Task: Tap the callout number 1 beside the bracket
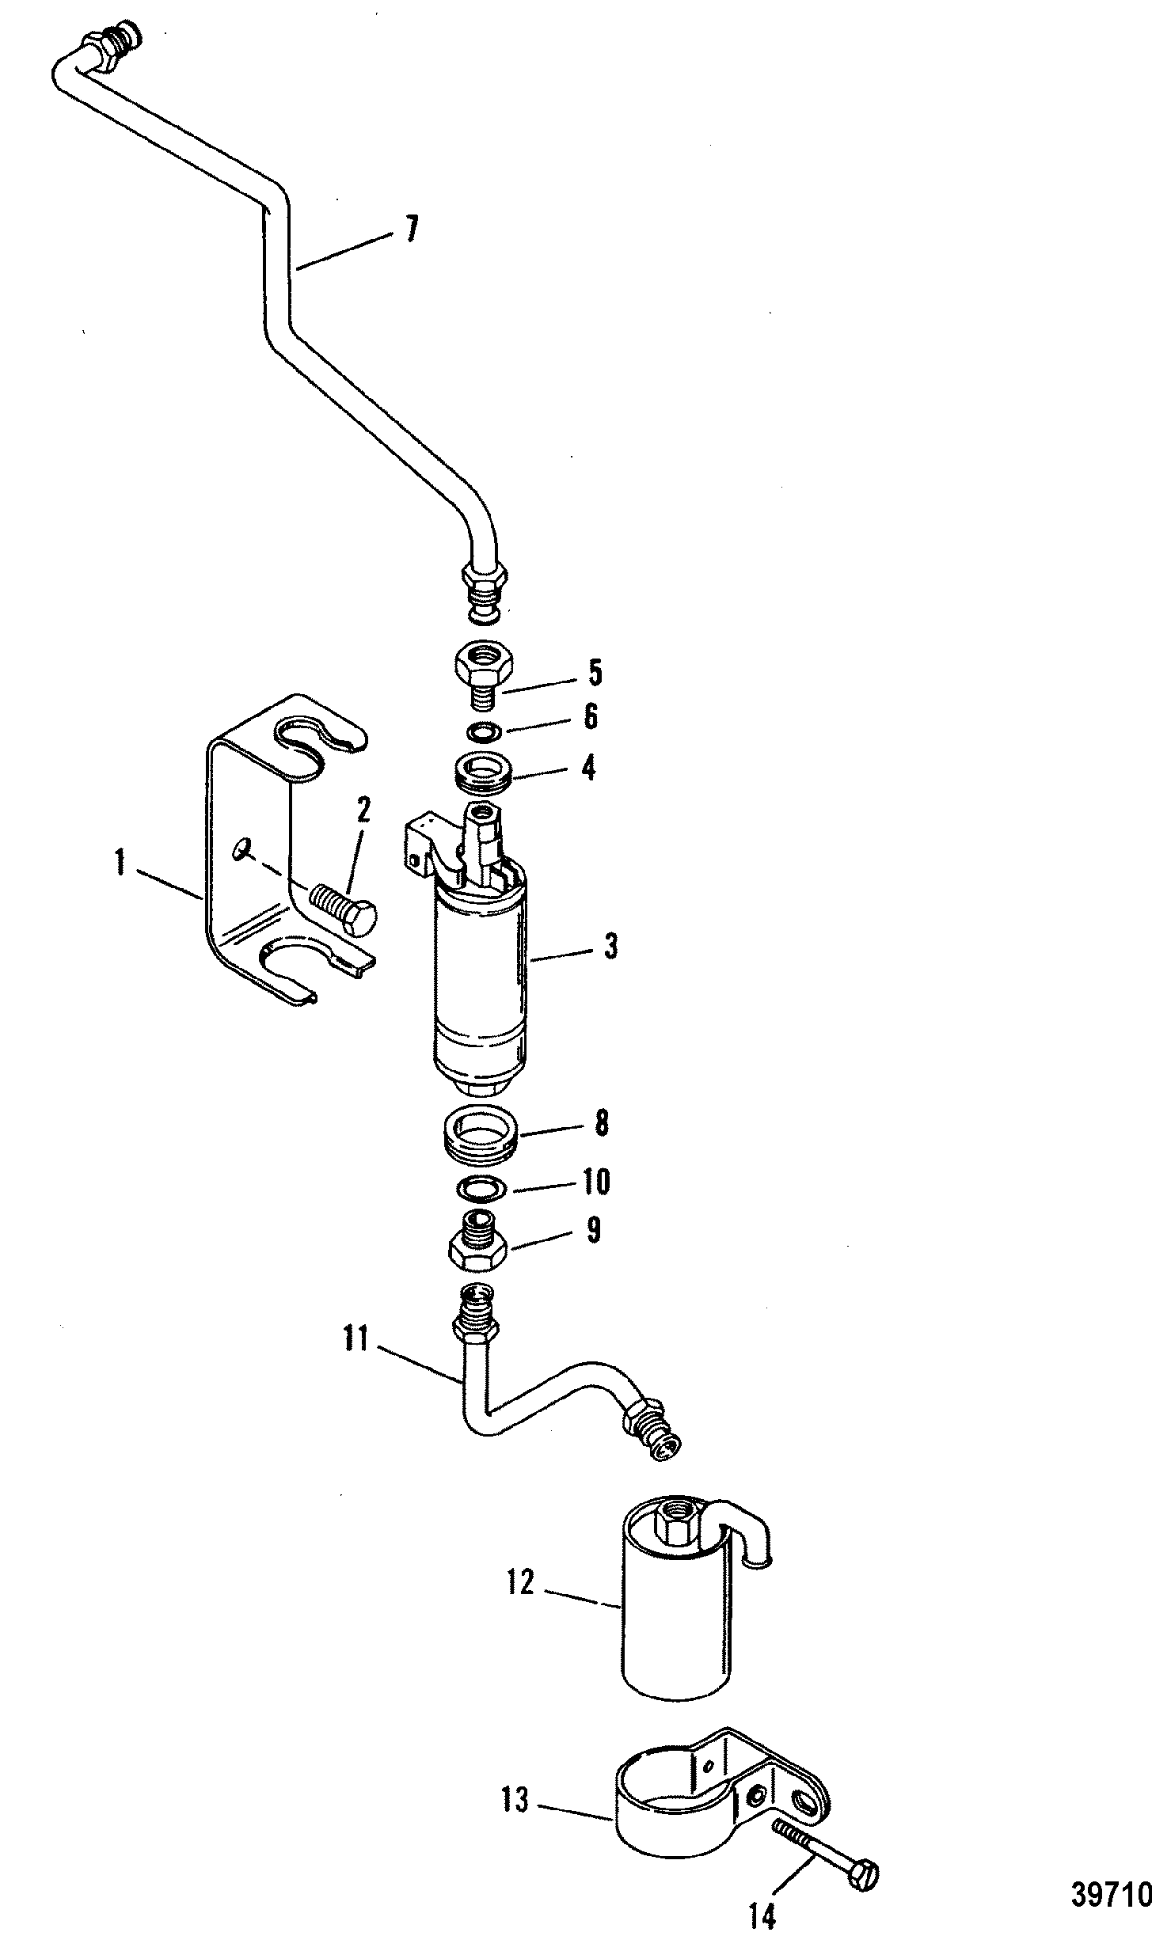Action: click(120, 862)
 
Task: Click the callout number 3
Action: click(610, 947)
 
